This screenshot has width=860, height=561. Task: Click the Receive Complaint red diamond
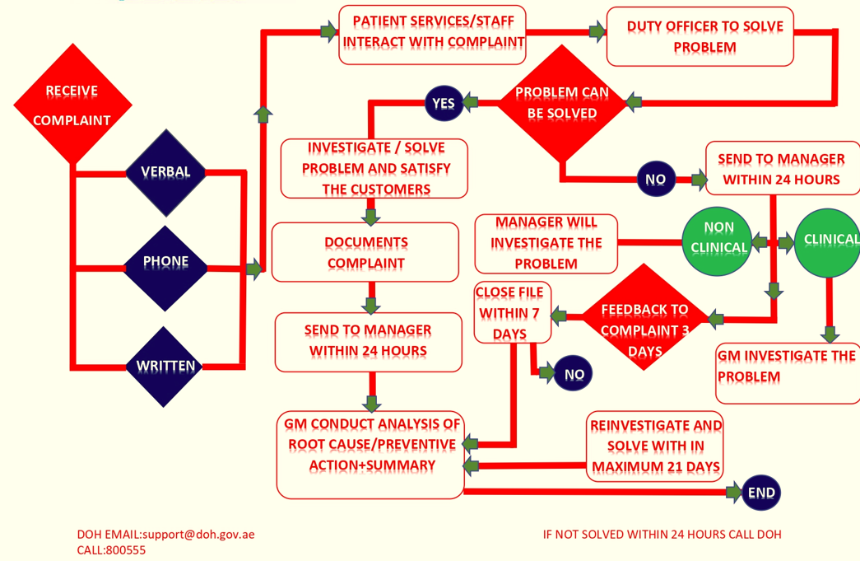pos(72,105)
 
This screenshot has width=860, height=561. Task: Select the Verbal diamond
pos(165,172)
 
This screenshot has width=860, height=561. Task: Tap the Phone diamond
pos(165,262)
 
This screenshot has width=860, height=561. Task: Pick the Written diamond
pos(165,366)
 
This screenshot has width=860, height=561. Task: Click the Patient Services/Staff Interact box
pos(433,34)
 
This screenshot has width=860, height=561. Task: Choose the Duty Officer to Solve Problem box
pos(700,37)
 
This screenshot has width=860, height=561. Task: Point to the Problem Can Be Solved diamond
pos(561,103)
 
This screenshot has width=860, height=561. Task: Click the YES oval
pos(443,103)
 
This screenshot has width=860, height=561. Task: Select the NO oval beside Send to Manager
pos(655,179)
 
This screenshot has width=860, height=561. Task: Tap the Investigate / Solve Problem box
pos(374,169)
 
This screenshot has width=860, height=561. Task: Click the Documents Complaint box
pos(365,252)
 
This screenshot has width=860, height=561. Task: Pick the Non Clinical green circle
pos(718,237)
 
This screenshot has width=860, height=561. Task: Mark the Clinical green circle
pos(828,240)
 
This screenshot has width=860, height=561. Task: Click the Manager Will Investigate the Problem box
pos(546,243)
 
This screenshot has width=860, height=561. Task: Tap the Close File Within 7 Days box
pos(511,313)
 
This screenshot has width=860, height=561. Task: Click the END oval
pos(761,493)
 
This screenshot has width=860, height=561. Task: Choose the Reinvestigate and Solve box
pos(656,446)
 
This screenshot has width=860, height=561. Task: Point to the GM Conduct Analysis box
pos(370,456)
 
